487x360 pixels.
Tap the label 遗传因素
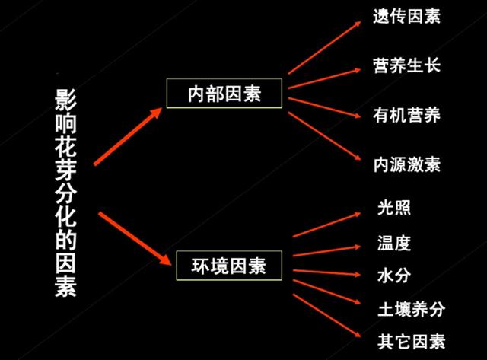pos(406,16)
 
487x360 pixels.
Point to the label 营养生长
pos(406,65)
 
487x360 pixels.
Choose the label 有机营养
pos(406,115)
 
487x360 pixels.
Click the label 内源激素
pos(406,164)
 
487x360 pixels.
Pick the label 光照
pos(394,208)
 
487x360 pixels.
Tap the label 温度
pos(394,243)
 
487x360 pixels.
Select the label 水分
pos(394,276)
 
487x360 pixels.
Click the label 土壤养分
pos(411,309)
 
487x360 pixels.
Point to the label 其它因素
pos(411,342)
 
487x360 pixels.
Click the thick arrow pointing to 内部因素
pos(128,136)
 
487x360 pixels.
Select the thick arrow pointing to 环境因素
pos(135,238)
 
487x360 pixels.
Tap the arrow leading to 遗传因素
pos(325,47)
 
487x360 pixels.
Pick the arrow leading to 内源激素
pos(325,136)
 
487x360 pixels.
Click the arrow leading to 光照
pos(326,225)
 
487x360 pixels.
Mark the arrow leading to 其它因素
pos(326,316)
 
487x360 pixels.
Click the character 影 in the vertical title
pos(65,100)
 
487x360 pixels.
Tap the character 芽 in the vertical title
pos(65,170)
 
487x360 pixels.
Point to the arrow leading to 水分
pos(326,272)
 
